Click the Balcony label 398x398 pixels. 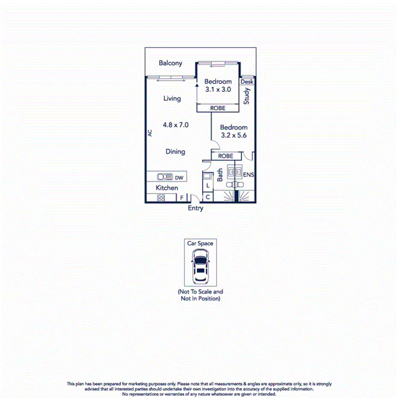(x=170, y=63)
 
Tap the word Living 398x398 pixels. (x=172, y=99)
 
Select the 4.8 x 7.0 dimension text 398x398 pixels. (x=176, y=125)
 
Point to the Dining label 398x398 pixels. (x=175, y=152)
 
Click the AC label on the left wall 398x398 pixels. (x=150, y=133)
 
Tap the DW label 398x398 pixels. (x=179, y=177)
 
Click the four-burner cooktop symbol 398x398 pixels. (x=161, y=198)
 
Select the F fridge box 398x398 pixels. (x=181, y=198)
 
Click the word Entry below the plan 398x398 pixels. (x=196, y=208)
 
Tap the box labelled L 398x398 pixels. (x=208, y=186)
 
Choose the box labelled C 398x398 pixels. (x=208, y=197)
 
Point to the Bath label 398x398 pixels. (x=220, y=175)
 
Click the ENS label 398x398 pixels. (x=248, y=175)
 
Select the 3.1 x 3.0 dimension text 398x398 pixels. (x=218, y=90)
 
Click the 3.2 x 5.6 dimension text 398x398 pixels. (x=234, y=135)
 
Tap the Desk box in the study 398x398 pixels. (x=247, y=82)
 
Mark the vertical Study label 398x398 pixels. (x=247, y=96)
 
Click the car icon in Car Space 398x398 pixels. (x=200, y=267)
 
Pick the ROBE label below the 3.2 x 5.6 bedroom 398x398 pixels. (x=226, y=156)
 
